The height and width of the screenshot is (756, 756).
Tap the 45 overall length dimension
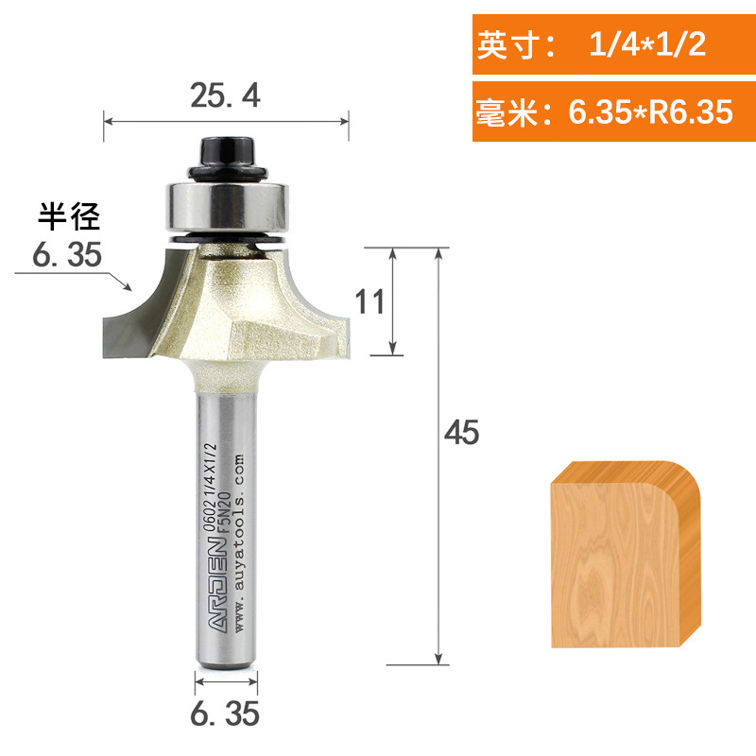click(x=462, y=432)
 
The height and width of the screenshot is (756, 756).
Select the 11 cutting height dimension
click(x=369, y=301)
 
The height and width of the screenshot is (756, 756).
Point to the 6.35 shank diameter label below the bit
click(x=226, y=714)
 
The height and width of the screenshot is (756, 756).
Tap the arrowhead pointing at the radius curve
click(x=130, y=283)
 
